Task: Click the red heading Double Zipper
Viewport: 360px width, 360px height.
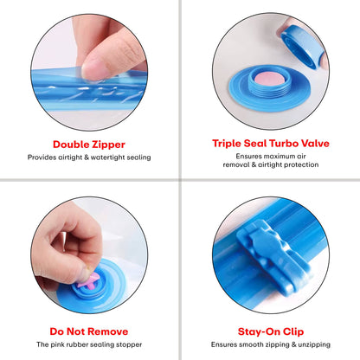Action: [x=89, y=144]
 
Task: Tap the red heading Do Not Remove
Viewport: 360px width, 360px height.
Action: [x=89, y=331]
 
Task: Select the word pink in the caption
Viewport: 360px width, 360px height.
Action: [x=67, y=345]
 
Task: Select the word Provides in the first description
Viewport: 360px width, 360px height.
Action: [x=45, y=157]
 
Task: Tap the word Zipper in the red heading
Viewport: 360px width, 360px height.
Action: [x=106, y=144]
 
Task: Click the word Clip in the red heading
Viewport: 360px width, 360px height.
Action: [x=289, y=331]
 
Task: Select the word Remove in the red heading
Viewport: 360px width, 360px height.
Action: [x=106, y=331]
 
